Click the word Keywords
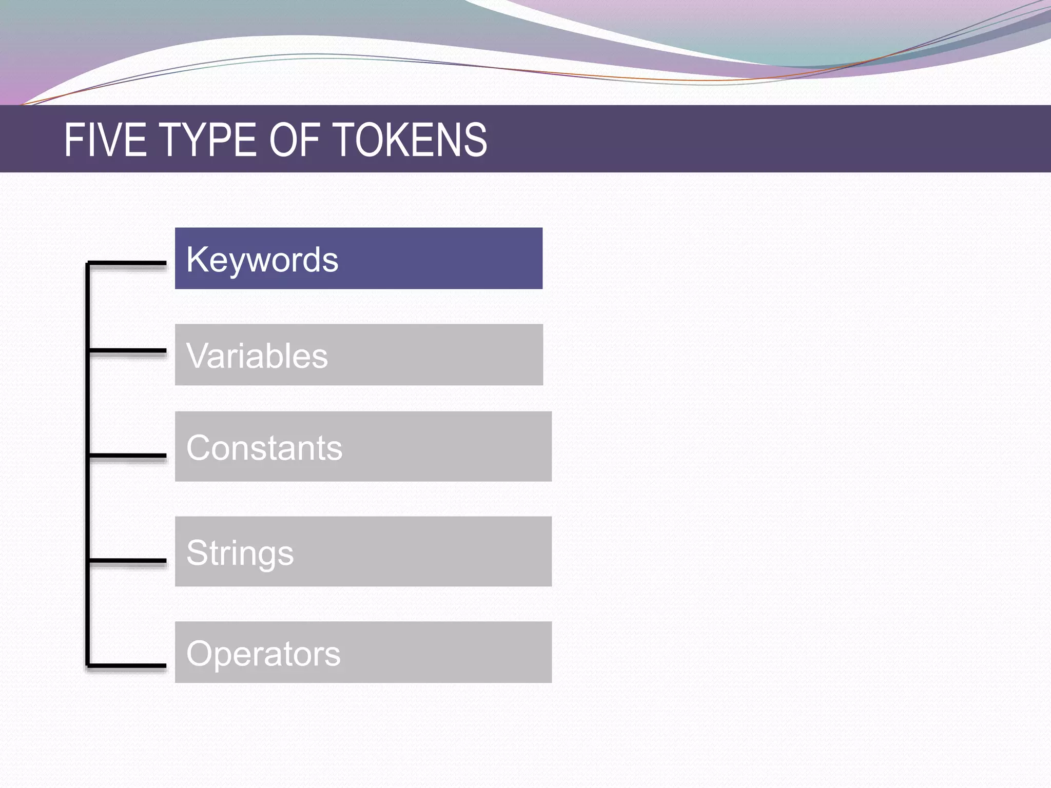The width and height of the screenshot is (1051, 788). [x=262, y=260]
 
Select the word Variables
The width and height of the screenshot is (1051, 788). [x=257, y=356]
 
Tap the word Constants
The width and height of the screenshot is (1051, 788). [x=264, y=448]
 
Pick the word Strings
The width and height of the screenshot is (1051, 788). [x=240, y=553]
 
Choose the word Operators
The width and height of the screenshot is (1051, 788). [x=263, y=654]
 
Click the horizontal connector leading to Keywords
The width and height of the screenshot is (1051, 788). [x=127, y=263]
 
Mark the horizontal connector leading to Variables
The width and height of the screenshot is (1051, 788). [x=127, y=351]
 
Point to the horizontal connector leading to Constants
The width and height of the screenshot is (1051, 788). [x=127, y=455]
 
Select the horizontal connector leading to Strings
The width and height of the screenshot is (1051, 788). [x=127, y=560]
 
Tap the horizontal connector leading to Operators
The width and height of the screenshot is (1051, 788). [x=127, y=666]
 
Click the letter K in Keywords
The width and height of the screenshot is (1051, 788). [x=196, y=260]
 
